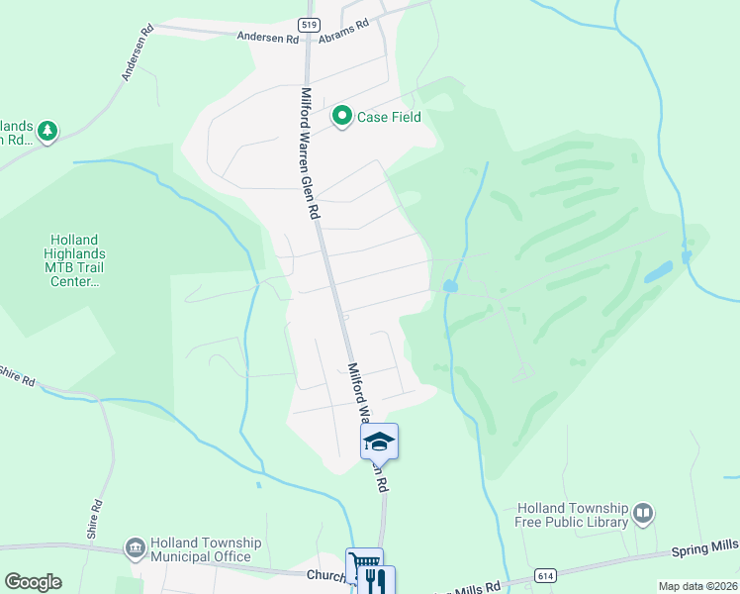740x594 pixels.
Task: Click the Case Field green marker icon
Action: tap(342, 117)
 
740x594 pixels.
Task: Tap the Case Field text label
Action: tap(389, 117)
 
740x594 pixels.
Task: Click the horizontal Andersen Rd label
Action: tap(267, 38)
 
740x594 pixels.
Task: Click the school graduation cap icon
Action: tap(379, 441)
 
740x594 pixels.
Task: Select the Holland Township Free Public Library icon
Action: tap(643, 513)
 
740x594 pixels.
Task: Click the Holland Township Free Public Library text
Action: tap(572, 515)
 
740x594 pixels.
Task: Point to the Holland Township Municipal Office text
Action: tap(205, 549)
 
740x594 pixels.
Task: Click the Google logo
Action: tap(33, 582)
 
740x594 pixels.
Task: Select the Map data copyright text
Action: tap(697, 586)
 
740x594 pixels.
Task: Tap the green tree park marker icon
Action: tap(46, 131)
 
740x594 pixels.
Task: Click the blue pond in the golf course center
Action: tap(450, 286)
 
